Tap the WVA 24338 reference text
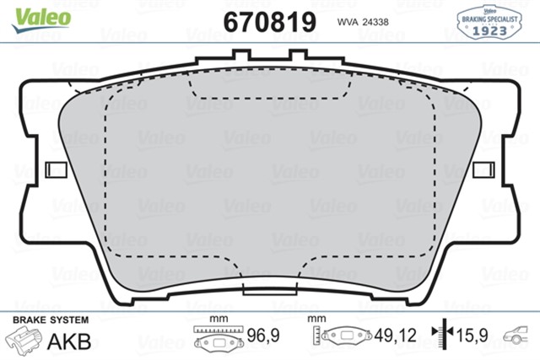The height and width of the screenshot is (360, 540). [362, 20]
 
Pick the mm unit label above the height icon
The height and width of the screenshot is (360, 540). [317, 320]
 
